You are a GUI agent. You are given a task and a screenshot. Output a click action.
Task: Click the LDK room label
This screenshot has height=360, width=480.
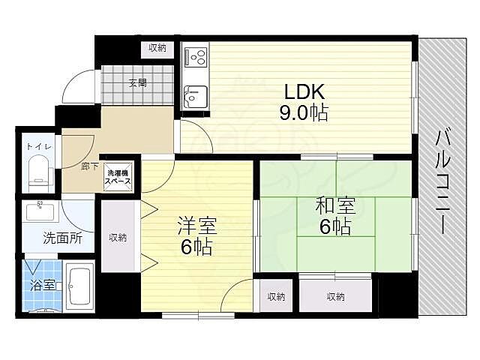(304, 91)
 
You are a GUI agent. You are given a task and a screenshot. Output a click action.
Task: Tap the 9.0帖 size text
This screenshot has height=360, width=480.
(303, 113)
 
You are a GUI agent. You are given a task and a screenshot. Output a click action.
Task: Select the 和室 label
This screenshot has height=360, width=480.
(335, 205)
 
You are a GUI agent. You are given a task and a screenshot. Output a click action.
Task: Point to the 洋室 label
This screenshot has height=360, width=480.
(197, 226)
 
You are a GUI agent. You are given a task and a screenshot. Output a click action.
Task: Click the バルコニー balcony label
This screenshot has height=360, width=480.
(443, 182)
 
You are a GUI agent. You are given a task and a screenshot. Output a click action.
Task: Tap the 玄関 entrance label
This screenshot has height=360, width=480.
(138, 82)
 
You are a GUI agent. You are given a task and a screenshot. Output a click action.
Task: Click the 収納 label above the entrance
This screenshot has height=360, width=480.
(157, 48)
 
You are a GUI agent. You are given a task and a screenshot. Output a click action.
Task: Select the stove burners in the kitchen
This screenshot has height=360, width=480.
(195, 57)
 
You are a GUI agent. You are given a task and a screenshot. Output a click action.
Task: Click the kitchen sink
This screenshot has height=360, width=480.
(195, 94)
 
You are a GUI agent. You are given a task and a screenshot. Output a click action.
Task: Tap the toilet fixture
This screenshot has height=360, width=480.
(38, 172)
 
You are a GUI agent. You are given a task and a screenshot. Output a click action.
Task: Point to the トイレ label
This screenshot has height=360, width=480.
(38, 146)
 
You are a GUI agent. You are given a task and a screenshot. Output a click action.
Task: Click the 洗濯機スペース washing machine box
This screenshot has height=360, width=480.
(118, 177)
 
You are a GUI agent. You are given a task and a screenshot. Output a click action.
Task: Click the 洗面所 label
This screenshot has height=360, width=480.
(62, 238)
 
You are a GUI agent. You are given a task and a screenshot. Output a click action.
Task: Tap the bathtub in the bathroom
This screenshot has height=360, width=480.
(79, 286)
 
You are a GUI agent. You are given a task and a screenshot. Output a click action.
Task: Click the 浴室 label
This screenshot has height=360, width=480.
(43, 286)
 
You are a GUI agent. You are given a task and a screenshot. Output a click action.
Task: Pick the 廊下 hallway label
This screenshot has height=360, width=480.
(90, 166)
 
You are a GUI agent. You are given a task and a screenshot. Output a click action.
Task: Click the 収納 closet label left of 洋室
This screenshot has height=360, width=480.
(118, 237)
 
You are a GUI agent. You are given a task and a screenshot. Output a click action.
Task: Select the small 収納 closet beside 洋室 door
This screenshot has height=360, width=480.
(277, 296)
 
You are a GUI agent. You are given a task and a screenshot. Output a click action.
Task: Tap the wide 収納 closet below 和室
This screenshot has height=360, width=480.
(335, 296)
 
